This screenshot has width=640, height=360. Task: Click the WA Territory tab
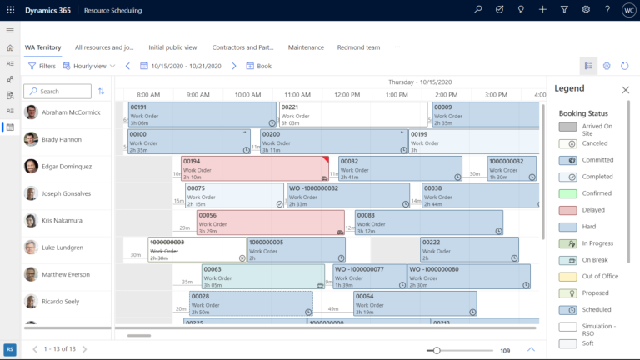pos(42,47)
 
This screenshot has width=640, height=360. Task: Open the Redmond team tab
pos(358,47)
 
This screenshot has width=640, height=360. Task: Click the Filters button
pos(42,66)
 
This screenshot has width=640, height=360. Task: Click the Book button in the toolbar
pos(259,66)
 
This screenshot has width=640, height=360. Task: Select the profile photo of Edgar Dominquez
pos(32,166)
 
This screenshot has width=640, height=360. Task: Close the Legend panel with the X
pos(625,89)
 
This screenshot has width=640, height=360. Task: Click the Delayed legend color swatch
pos(567,210)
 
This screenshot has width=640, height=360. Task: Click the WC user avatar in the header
pos(629,10)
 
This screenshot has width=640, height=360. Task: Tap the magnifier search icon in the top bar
pos(478,10)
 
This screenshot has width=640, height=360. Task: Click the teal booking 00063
pos(262,276)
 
